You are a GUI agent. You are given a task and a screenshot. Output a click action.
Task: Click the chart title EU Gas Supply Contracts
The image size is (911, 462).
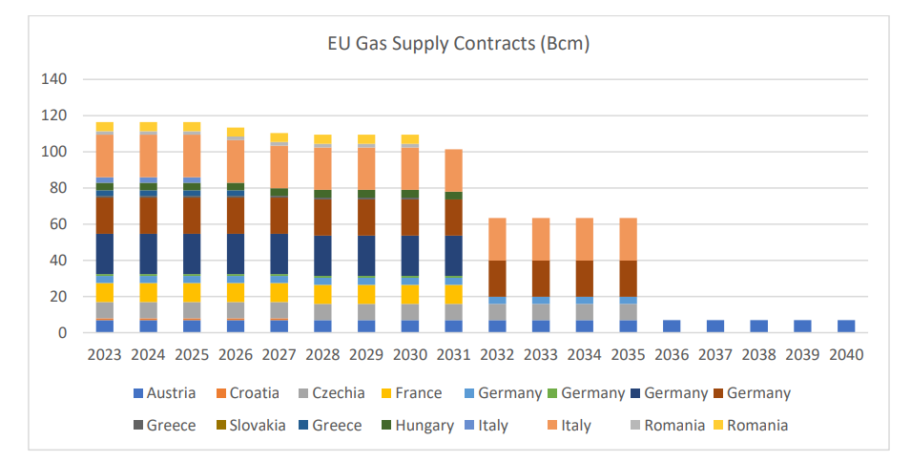[x=455, y=44]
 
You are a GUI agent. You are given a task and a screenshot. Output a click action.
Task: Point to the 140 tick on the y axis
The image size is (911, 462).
[x=53, y=79]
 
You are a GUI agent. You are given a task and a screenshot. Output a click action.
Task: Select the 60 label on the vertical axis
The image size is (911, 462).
[x=57, y=224]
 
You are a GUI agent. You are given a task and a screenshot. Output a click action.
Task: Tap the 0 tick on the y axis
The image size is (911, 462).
[x=62, y=333]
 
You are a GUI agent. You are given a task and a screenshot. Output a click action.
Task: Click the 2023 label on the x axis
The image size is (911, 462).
[x=104, y=355]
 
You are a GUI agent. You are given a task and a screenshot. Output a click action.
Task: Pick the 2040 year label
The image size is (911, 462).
[x=845, y=355]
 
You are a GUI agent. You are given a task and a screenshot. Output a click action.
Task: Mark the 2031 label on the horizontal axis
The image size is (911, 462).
[x=453, y=355]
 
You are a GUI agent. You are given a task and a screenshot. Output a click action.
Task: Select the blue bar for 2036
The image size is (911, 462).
[x=672, y=326]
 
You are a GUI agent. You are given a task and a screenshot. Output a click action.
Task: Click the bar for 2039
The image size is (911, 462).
[x=802, y=326]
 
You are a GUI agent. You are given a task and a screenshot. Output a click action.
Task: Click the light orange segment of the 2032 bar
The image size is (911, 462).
[x=497, y=239]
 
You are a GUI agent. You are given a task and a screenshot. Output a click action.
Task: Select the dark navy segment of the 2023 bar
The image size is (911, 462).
[x=104, y=254]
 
